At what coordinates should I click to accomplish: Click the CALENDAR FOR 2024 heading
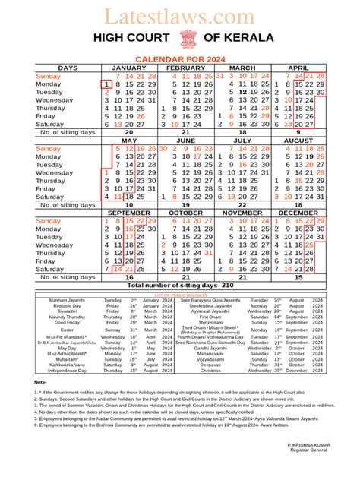coord(180,58)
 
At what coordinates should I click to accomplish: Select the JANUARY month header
coord(129,68)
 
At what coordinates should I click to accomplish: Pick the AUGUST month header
coord(303,141)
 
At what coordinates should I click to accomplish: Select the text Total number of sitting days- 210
coord(180,286)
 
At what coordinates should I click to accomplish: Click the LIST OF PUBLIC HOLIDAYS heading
coord(180,293)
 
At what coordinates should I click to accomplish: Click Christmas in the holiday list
coord(212,370)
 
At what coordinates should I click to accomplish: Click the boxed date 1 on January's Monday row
coord(106,84)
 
